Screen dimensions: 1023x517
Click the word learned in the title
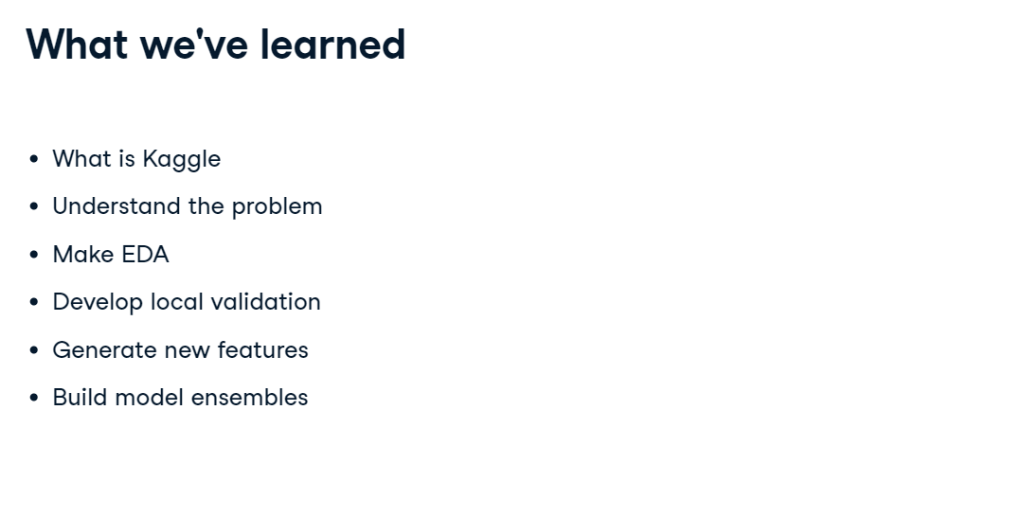click(332, 45)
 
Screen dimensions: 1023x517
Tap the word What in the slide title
click(77, 45)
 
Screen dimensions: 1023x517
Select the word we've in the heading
click(194, 45)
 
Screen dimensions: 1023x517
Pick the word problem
click(277, 207)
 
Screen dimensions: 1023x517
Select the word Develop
click(98, 303)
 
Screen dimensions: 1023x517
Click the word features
click(262, 349)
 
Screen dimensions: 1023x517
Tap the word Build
click(80, 397)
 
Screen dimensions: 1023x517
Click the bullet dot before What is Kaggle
click(35, 158)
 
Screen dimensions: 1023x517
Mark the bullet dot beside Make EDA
click(35, 255)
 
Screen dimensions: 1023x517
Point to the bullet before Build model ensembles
click(35, 397)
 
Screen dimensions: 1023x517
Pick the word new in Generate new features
click(187, 351)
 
